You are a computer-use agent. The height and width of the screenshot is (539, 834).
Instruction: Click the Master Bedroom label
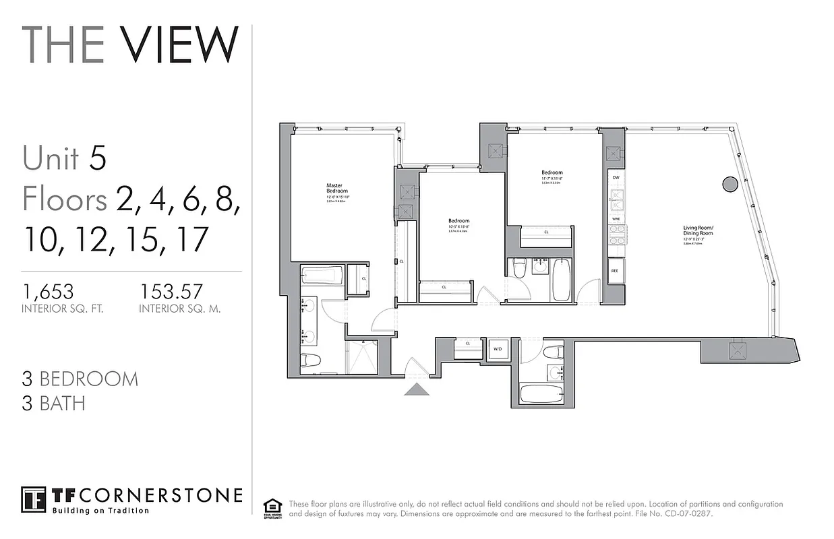coord(336,188)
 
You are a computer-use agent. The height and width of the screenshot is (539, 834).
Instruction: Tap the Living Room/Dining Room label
coord(698,232)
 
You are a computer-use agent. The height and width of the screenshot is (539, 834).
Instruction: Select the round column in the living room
coord(729,184)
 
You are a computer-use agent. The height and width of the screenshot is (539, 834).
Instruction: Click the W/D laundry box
coord(499,349)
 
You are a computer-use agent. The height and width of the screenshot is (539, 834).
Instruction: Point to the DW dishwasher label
coord(615,177)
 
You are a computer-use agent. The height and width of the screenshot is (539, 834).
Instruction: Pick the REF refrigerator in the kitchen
coord(615,272)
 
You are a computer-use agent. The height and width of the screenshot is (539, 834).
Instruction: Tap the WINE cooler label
coord(615,220)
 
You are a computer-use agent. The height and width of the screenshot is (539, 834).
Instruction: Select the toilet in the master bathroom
coord(311,360)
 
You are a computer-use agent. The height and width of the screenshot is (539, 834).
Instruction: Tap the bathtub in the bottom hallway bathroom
coord(543,393)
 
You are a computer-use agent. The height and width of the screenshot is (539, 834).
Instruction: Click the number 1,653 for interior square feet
coord(48,291)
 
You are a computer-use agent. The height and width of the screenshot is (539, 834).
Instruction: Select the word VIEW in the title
coord(180,44)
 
